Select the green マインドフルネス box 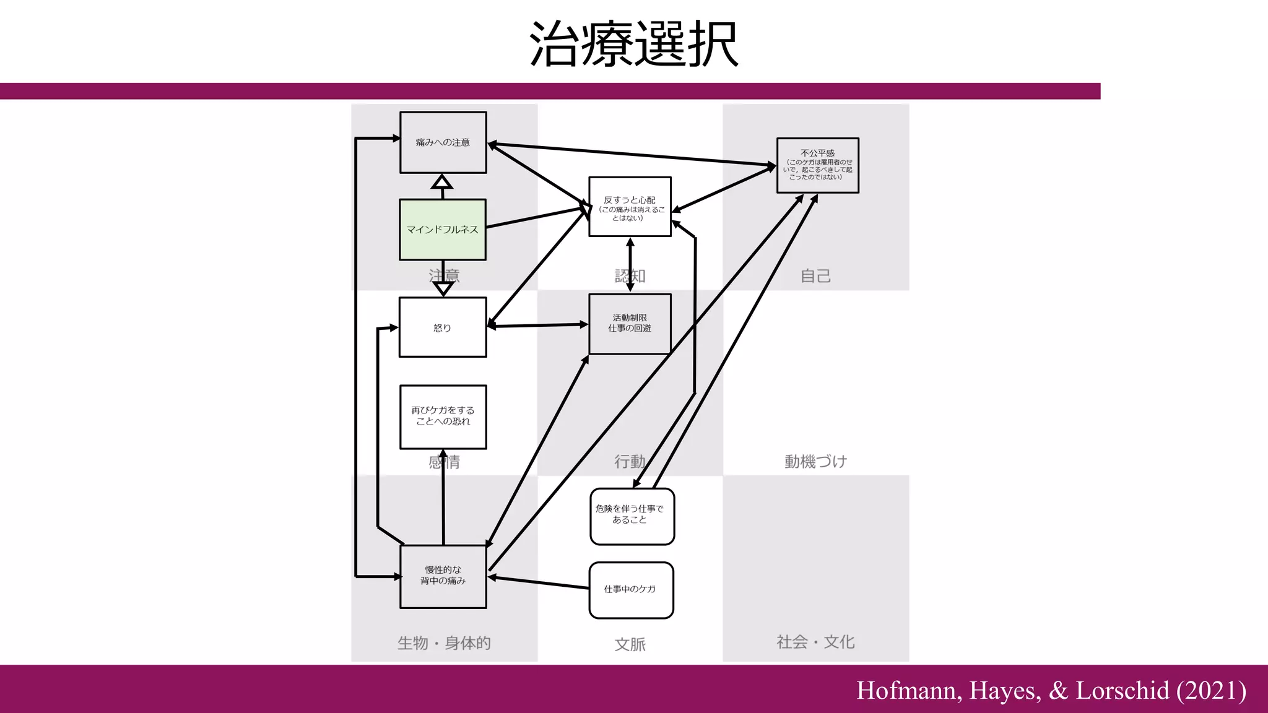(443, 230)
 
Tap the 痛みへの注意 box (443, 142)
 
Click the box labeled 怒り (443, 327)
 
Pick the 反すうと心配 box (630, 207)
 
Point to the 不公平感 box (817, 165)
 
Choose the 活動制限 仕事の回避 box (630, 324)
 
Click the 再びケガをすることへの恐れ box (443, 417)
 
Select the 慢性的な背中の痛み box (443, 576)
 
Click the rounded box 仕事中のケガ (630, 590)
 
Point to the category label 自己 (815, 276)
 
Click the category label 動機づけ (815, 462)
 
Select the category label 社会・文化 (815, 642)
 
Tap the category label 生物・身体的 (444, 643)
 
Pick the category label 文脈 (630, 644)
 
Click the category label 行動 (630, 462)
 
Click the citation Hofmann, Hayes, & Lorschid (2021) (1051, 690)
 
